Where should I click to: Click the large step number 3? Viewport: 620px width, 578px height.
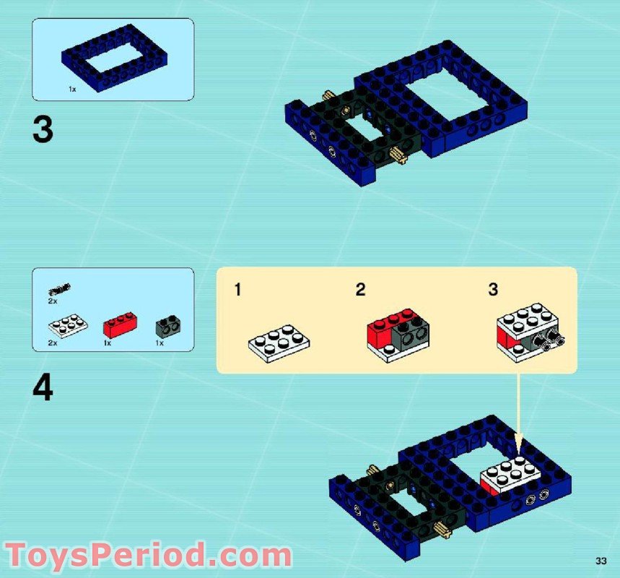pyautogui.click(x=43, y=131)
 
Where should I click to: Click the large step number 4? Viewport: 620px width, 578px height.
pyautogui.click(x=43, y=389)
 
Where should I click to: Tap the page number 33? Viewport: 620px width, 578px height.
pyautogui.click(x=601, y=561)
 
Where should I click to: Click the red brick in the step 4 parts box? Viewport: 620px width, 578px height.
pyautogui.click(x=120, y=324)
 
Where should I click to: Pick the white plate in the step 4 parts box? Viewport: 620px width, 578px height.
pyautogui.click(x=68, y=326)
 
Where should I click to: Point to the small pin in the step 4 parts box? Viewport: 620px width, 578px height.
pyautogui.click(x=60, y=290)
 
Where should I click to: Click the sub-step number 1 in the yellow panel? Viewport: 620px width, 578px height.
pyautogui.click(x=238, y=290)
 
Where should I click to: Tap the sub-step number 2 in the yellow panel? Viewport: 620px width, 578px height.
pyautogui.click(x=360, y=290)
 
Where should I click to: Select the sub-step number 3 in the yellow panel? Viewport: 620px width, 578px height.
pyautogui.click(x=493, y=290)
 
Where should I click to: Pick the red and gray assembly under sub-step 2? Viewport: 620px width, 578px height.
pyautogui.click(x=398, y=334)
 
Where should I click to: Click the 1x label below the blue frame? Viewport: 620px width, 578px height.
pyautogui.click(x=72, y=89)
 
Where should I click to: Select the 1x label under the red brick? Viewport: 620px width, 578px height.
pyautogui.click(x=107, y=343)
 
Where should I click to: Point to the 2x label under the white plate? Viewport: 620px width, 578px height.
pyautogui.click(x=52, y=343)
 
